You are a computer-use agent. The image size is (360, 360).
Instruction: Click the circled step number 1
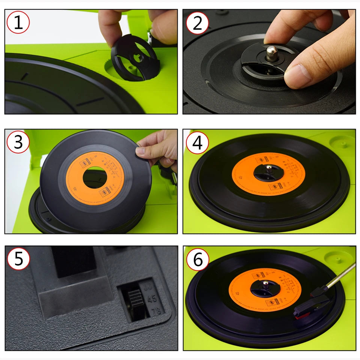click(x=18, y=22)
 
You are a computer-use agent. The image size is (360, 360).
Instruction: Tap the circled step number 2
click(x=197, y=22)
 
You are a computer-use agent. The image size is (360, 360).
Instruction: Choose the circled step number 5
click(x=18, y=259)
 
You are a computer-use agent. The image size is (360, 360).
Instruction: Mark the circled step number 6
click(x=197, y=259)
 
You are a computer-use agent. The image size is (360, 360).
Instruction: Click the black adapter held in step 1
click(x=133, y=56)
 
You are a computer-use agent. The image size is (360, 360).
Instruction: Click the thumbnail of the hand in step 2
click(x=298, y=71)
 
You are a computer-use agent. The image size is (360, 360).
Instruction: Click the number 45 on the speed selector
click(x=152, y=298)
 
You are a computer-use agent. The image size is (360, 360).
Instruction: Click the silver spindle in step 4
click(x=268, y=169)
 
